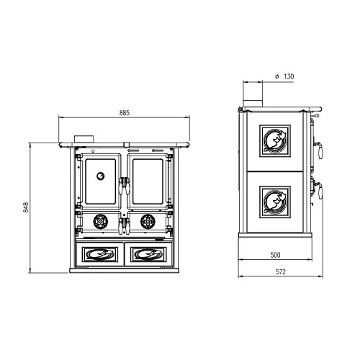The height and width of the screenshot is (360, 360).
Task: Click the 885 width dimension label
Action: click(x=125, y=113)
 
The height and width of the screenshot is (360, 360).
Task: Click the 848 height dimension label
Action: click(x=26, y=207)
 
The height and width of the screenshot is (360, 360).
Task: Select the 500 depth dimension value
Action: click(x=275, y=255)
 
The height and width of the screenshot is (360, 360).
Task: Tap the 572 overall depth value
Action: click(x=281, y=272)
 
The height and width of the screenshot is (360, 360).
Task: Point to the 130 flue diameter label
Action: click(x=289, y=76)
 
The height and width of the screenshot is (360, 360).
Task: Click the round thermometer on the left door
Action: click(x=101, y=176)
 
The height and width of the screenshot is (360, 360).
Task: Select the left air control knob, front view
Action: click(x=100, y=222)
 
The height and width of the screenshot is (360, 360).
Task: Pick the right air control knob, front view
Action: click(x=148, y=222)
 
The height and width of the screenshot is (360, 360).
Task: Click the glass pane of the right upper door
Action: click(x=148, y=181)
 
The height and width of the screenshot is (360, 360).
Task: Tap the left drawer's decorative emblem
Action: click(x=100, y=254)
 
